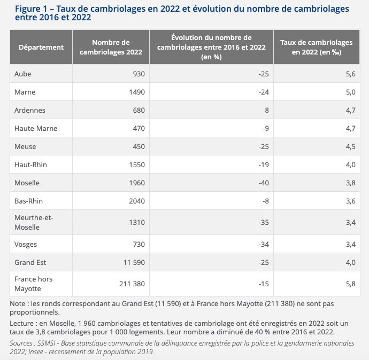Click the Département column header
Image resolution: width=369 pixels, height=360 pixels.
click(41, 47)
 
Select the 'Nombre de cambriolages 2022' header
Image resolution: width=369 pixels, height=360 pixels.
click(111, 47)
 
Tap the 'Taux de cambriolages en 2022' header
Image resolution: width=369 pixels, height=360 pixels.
click(317, 47)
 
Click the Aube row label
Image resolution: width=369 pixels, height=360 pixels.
click(23, 74)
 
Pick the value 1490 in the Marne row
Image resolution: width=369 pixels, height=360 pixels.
click(136, 92)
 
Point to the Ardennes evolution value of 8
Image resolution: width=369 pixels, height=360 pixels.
click(266, 110)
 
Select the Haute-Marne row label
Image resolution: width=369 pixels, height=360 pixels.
click(36, 128)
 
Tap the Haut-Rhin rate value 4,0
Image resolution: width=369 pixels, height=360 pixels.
click(350, 165)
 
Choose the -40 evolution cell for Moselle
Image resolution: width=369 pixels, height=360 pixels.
click(263, 183)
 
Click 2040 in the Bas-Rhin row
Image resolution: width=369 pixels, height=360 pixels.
click(136, 201)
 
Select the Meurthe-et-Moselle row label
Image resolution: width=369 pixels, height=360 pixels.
click(34, 222)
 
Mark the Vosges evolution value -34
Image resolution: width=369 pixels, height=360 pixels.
click(263, 244)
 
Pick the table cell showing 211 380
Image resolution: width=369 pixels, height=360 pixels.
click(130, 283)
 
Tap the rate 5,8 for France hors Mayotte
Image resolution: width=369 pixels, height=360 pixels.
click(350, 283)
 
